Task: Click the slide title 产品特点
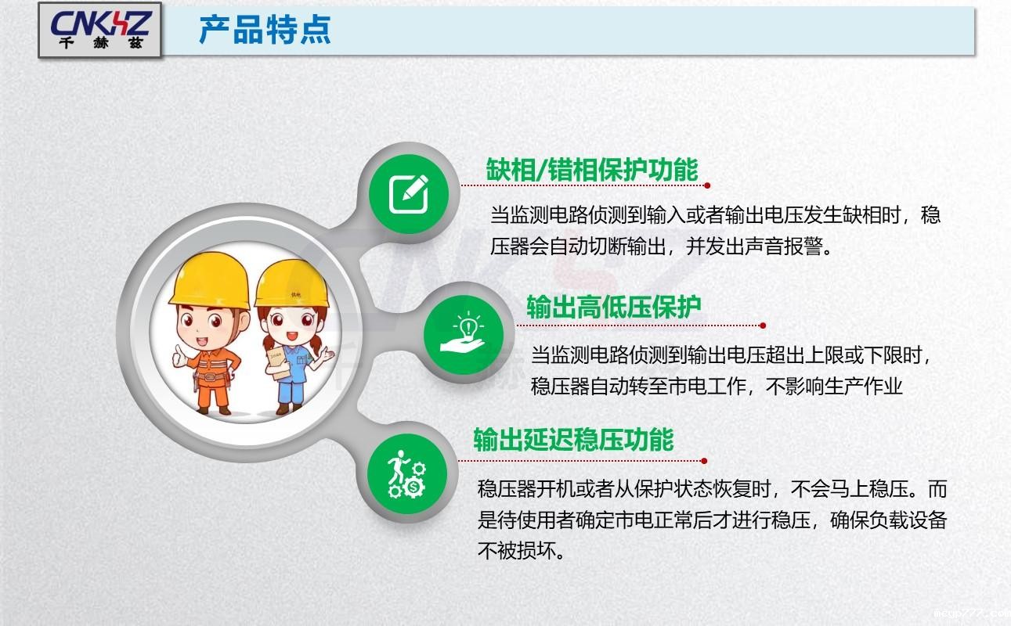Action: pos(265,30)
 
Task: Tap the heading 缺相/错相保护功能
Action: pos(591,169)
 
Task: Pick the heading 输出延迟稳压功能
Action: pos(573,440)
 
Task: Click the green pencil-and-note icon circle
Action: pos(409,194)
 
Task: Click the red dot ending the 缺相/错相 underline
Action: pos(707,185)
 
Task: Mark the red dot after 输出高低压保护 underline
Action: pos(763,325)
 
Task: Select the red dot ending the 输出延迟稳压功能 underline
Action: pos(705,460)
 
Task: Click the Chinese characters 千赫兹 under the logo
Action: pos(100,44)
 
